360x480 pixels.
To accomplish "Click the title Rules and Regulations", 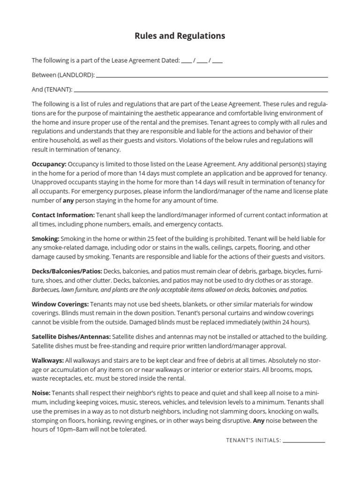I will tap(180, 36).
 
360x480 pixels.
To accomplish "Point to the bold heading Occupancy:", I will tap(49, 165).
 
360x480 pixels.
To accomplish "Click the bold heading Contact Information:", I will tap(63, 215).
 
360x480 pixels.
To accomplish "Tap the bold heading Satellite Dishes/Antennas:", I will tap(71, 337).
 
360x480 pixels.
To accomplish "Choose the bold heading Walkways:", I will tap(48, 360).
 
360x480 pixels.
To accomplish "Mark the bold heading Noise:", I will tap(41, 393).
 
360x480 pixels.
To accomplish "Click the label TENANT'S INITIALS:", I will tap(253, 441).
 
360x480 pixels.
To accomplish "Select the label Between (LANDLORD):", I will tap(63, 75).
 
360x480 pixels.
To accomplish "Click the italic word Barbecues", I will tap(46, 290).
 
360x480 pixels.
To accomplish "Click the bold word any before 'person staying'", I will tap(68, 201).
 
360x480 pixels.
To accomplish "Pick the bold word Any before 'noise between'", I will tap(259, 421).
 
